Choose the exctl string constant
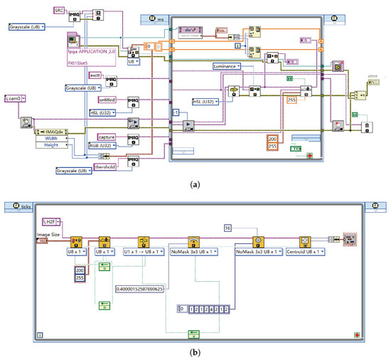(96, 75)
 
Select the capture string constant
(98, 136)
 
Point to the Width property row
(52, 139)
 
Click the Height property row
(52, 147)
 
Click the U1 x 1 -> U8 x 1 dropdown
(146, 251)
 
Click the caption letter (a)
(194, 182)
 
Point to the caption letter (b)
(194, 351)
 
